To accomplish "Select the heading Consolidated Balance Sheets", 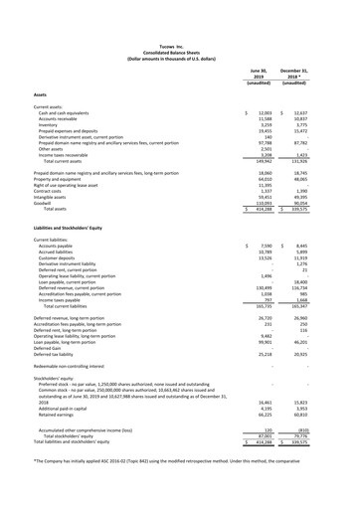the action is coord(179,12).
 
